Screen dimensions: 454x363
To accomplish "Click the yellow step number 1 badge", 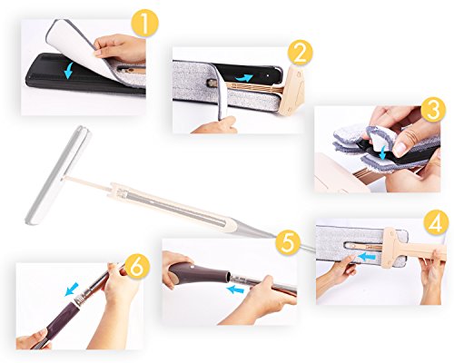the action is point(145,24).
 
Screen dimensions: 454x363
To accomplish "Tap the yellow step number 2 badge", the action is point(300,53).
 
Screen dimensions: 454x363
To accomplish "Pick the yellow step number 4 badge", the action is point(436,223).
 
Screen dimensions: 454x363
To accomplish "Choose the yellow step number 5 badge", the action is point(287,242).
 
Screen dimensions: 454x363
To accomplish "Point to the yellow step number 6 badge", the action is point(137,266).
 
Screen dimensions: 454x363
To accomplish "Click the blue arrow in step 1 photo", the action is point(69,71).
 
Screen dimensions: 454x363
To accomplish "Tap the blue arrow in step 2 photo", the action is point(243,78).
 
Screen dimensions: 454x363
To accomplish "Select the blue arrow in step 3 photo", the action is point(383,152).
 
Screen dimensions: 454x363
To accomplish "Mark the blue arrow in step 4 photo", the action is point(367,257).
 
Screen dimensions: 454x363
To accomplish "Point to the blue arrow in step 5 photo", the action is point(235,290).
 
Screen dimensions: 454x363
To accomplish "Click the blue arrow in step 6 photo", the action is point(72,289).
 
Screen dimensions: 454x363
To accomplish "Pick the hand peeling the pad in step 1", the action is point(121,48).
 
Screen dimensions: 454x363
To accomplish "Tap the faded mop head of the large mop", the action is point(57,175).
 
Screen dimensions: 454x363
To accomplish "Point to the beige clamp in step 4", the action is point(390,247).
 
